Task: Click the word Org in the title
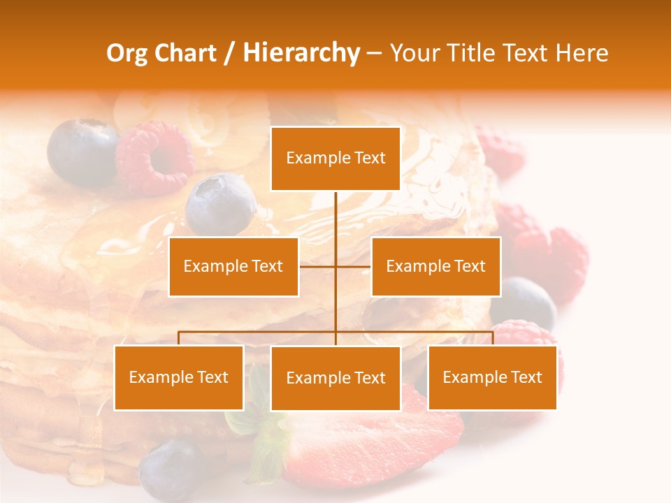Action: coord(128,53)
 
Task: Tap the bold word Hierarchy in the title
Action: coord(301,53)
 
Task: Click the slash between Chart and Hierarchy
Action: coord(229,54)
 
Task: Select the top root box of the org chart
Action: coord(335,159)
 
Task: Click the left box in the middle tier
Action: coord(233,266)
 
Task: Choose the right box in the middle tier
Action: coord(435,266)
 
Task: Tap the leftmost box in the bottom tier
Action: coord(179,377)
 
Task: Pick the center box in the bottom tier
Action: coord(335,378)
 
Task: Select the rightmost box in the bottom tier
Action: coord(492,377)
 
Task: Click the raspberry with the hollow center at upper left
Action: coord(154,157)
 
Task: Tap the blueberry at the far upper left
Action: coord(81,152)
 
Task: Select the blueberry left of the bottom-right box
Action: coord(524,302)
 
